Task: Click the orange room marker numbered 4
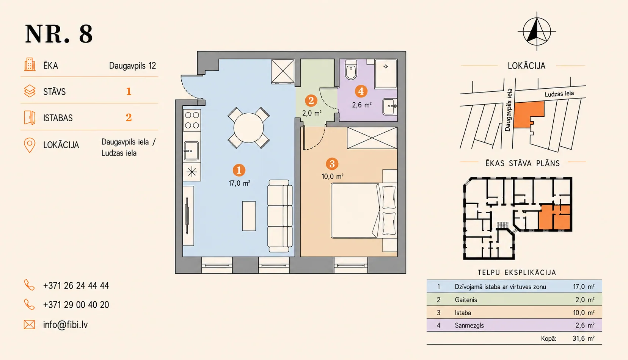coord(361,91)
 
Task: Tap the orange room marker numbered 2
coord(311,100)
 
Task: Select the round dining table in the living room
coord(249,128)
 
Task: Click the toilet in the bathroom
coord(351,69)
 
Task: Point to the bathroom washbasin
coord(390,106)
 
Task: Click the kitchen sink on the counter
coord(192,151)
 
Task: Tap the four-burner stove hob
coord(192,120)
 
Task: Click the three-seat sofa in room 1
coord(280,216)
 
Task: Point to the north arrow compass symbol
coord(537,31)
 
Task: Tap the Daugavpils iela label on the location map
coord(508,110)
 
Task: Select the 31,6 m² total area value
coord(583,338)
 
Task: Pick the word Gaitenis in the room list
coord(466,300)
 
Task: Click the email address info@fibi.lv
coord(65,325)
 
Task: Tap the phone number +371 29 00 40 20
coord(76,305)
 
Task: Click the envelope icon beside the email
coord(30,325)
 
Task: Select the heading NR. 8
coord(59,34)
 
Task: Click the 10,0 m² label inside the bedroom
coord(333,177)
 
